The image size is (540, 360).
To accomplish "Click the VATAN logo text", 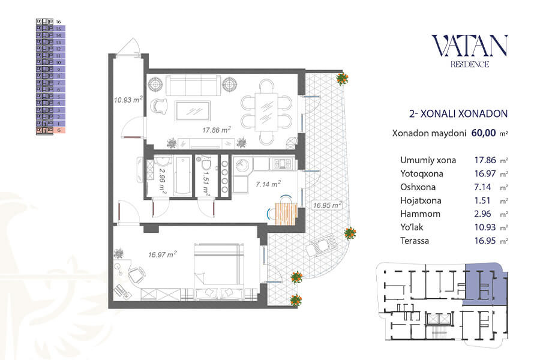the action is [469, 46].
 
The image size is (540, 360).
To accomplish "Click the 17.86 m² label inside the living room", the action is [216, 130].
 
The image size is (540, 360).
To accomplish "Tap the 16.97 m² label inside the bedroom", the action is [162, 254].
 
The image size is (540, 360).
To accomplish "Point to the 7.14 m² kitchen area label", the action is [268, 184].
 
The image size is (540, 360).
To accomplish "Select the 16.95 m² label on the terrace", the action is [327, 205].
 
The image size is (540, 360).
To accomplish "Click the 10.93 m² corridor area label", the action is [128, 100].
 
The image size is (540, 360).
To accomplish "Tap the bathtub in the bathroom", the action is [182, 176].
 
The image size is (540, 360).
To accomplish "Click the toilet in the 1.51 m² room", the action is [206, 166].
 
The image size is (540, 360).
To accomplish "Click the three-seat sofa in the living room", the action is [193, 85].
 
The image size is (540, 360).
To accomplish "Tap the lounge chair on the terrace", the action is [320, 245].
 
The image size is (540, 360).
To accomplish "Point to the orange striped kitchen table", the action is [286, 214].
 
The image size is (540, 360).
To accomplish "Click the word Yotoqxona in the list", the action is [422, 173].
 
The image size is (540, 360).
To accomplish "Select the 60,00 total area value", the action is [484, 133].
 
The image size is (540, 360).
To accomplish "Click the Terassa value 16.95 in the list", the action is [485, 241].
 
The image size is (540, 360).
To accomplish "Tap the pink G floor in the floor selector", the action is [50, 130].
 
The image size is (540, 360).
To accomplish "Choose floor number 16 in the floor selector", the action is [58, 22].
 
